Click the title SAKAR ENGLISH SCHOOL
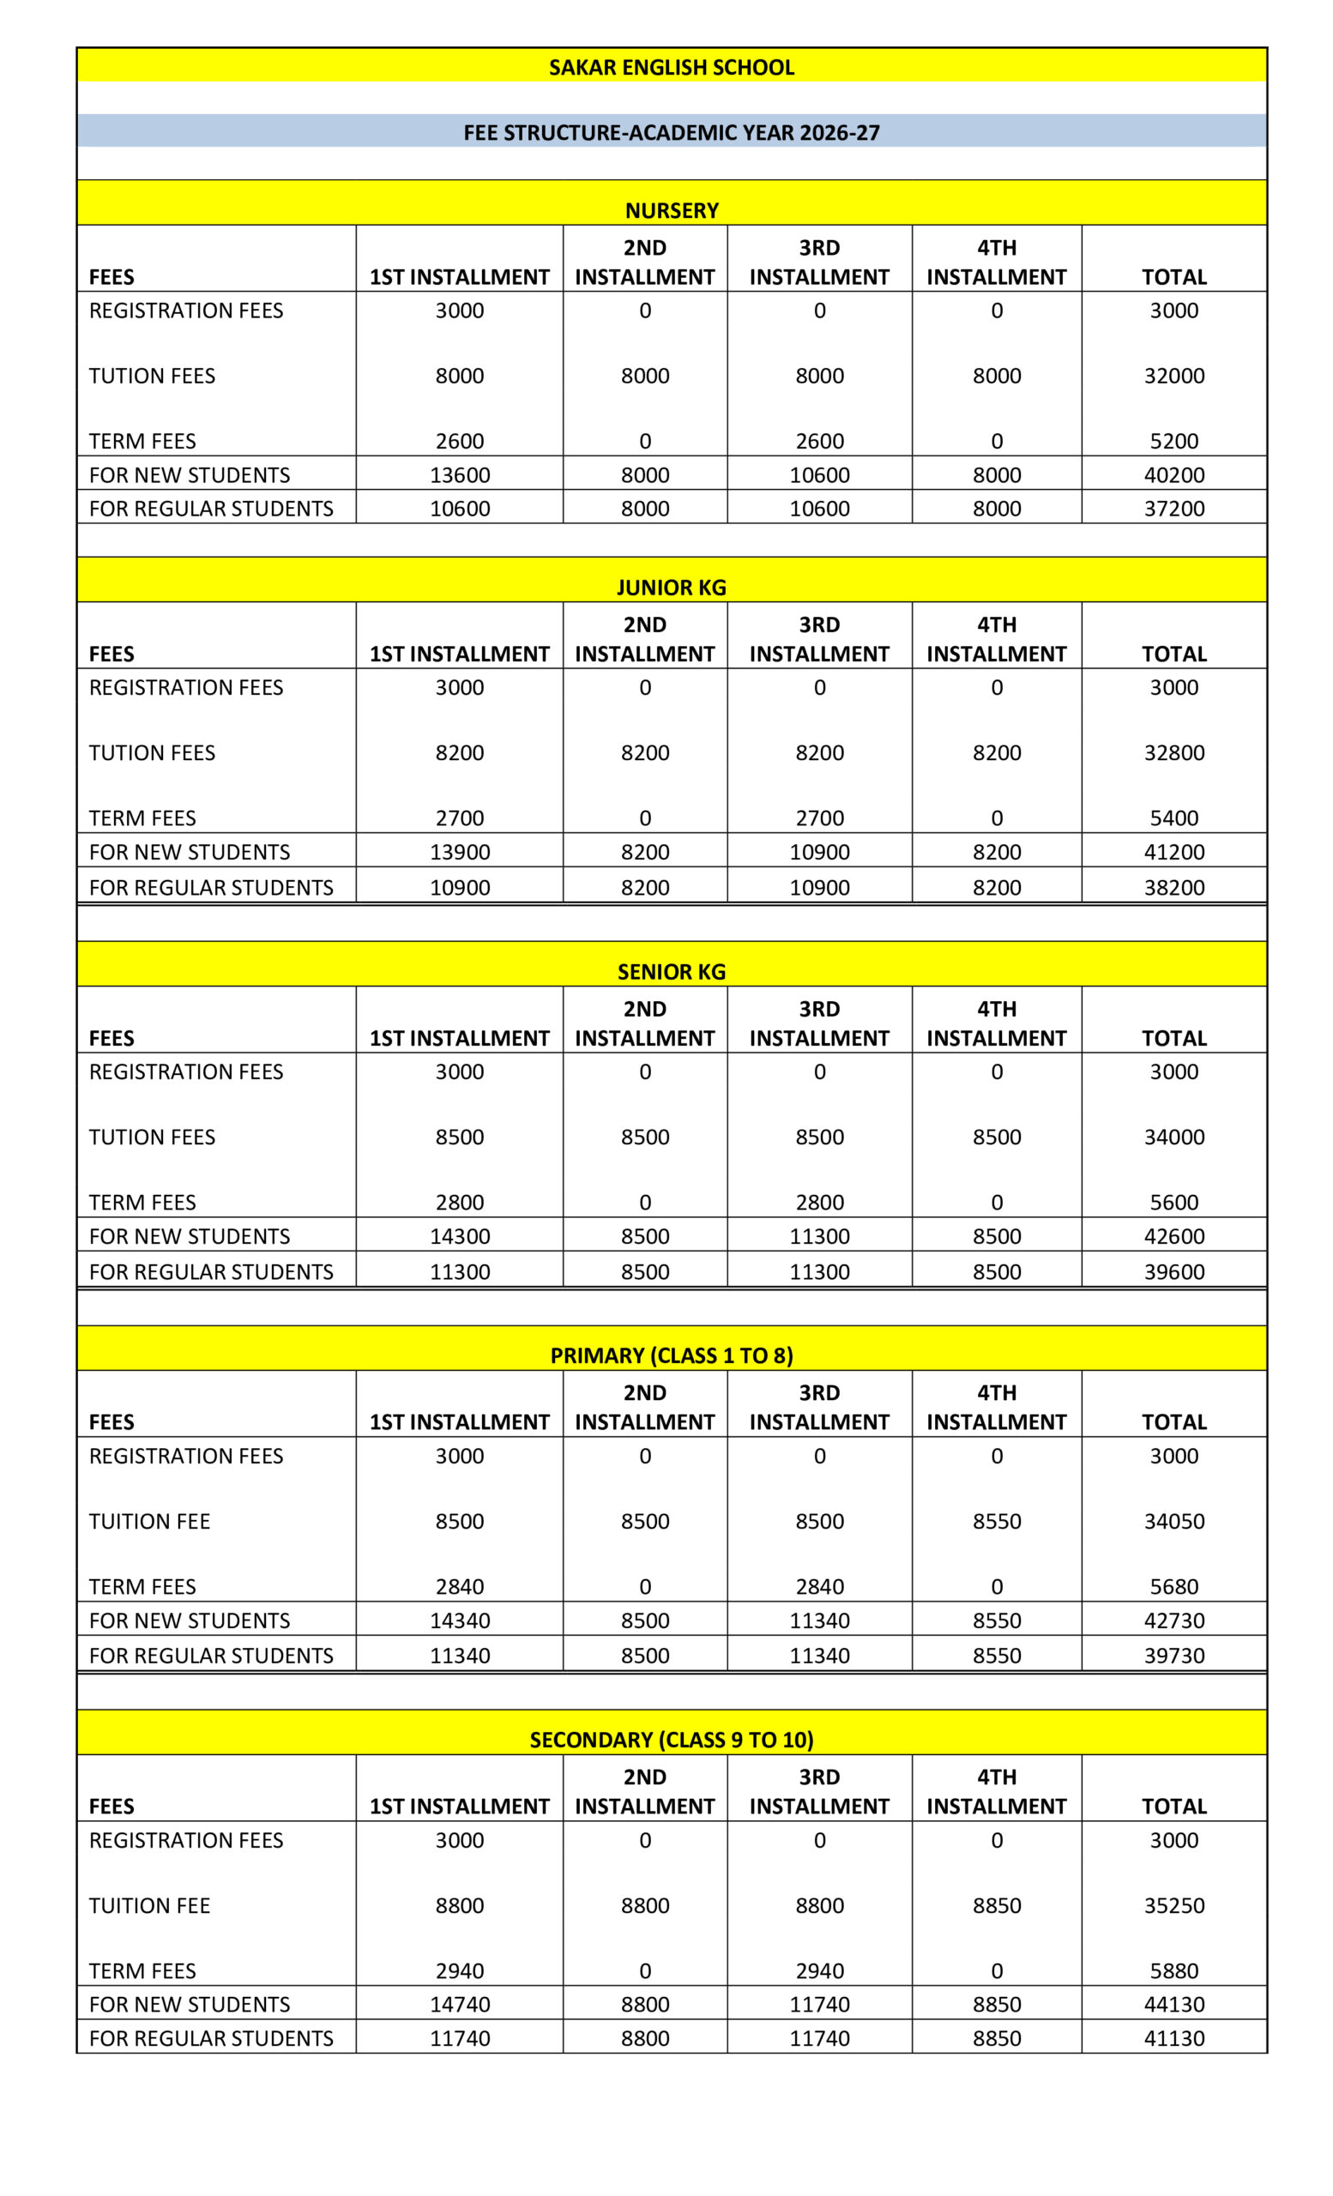671,68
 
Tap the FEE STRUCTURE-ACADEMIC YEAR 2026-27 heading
671,133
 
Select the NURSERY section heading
671,210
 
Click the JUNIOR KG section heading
671,588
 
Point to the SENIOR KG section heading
671,971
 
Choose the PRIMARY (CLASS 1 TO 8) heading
671,1355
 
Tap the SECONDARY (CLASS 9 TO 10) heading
671,1740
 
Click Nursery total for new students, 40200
1173,475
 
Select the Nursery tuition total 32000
1173,376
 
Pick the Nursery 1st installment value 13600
460,475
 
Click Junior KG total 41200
1173,852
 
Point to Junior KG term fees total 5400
1173,818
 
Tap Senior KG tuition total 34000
1173,1137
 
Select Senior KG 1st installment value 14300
460,1236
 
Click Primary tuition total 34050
1173,1522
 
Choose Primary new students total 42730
1173,1620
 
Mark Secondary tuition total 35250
1173,1905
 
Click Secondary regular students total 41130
1173,2038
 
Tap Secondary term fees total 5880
1173,1970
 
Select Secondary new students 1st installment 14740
460,2005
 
